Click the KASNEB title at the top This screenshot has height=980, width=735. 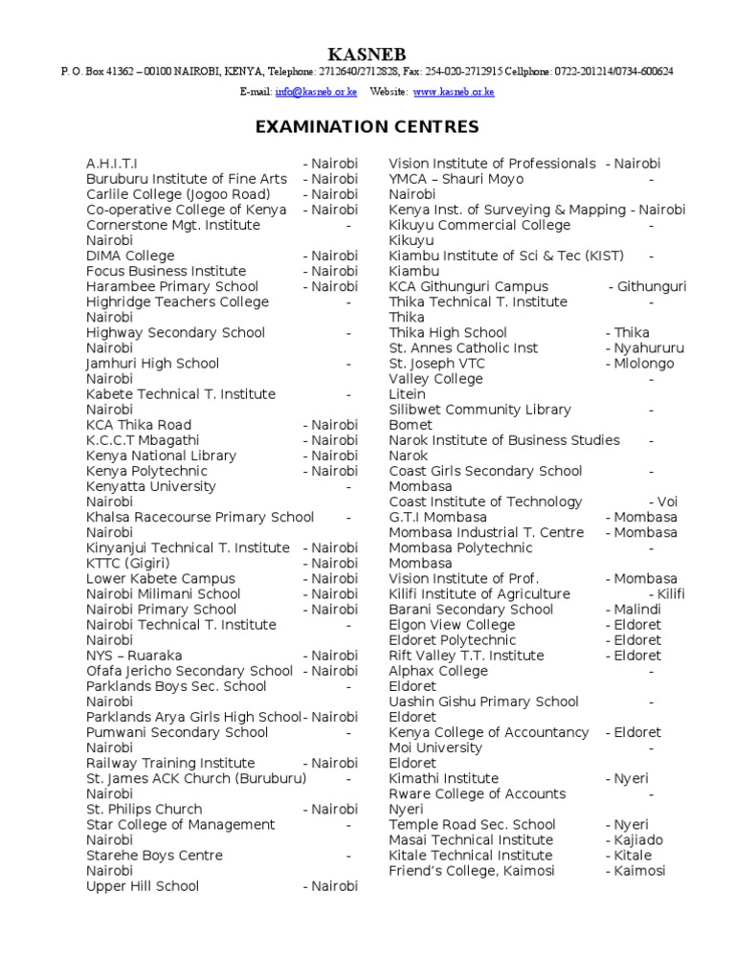367,53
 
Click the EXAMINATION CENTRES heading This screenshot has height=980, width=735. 367,127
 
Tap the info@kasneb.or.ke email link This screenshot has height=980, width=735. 316,92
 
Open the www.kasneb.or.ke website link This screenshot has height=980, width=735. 454,92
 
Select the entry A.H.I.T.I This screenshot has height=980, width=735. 112,164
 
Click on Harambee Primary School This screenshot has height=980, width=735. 172,286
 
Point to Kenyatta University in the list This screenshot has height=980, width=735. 151,486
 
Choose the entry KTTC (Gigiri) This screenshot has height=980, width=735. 128,563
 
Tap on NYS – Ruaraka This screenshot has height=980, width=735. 134,656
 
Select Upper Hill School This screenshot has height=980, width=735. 143,886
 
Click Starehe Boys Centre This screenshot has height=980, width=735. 154,856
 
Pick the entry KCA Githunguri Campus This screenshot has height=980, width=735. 469,286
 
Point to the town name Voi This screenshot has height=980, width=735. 671,501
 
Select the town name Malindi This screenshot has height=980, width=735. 637,610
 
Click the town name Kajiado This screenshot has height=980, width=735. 637,840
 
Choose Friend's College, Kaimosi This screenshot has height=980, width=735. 472,871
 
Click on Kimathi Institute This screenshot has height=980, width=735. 444,778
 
